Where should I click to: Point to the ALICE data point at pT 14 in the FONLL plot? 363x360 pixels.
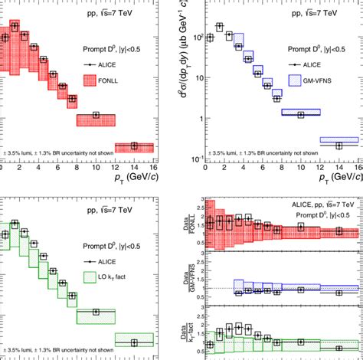click(x=134, y=146)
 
